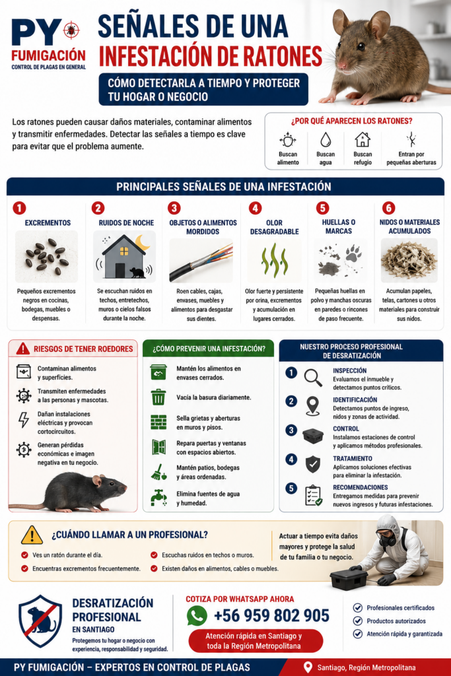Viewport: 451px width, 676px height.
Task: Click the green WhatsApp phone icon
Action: pyautogui.click(x=197, y=616)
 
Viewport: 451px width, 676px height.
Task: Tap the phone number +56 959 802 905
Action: pyautogui.click(x=271, y=616)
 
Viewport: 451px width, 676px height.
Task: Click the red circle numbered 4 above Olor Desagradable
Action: pyautogui.click(x=256, y=208)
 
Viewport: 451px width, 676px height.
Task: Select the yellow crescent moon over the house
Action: pyautogui.click(x=142, y=242)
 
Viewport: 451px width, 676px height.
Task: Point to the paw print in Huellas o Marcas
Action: pyautogui.click(x=353, y=253)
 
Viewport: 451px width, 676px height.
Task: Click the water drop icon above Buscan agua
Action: pyautogui.click(x=326, y=140)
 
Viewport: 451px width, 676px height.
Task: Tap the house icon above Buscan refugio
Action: pyautogui.click(x=363, y=140)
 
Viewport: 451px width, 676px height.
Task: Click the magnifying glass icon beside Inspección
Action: pyautogui.click(x=313, y=378)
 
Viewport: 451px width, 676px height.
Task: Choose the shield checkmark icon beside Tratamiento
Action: pyautogui.click(x=313, y=464)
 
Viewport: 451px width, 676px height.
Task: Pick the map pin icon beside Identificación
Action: pyautogui.click(x=312, y=406)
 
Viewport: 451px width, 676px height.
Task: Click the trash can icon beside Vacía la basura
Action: pyautogui.click(x=158, y=397)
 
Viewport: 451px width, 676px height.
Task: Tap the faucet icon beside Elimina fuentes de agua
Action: pyautogui.click(x=158, y=498)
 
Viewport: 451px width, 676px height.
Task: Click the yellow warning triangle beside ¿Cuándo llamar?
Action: pyautogui.click(x=32, y=535)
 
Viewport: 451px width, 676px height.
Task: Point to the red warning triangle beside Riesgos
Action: pyautogui.click(x=23, y=349)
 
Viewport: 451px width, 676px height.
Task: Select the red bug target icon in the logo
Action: pyautogui.click(x=71, y=30)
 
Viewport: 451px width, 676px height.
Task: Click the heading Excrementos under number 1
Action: pyautogui.click(x=48, y=223)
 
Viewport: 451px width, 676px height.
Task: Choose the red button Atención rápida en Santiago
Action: pyautogui.click(x=256, y=640)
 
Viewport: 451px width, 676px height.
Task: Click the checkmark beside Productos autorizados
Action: pyautogui.click(x=357, y=621)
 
